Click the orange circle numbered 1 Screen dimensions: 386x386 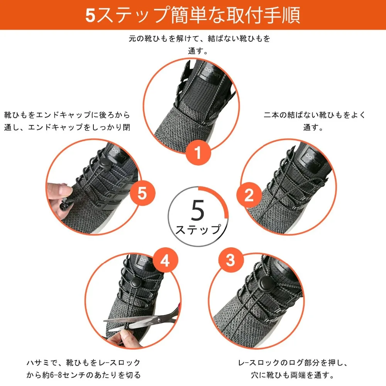coord(198,154)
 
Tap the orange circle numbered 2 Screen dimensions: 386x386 coord(249,196)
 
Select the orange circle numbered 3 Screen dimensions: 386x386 coord(230,261)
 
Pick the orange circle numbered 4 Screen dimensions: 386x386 coord(165,261)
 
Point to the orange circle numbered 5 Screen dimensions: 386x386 coord(142,193)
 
